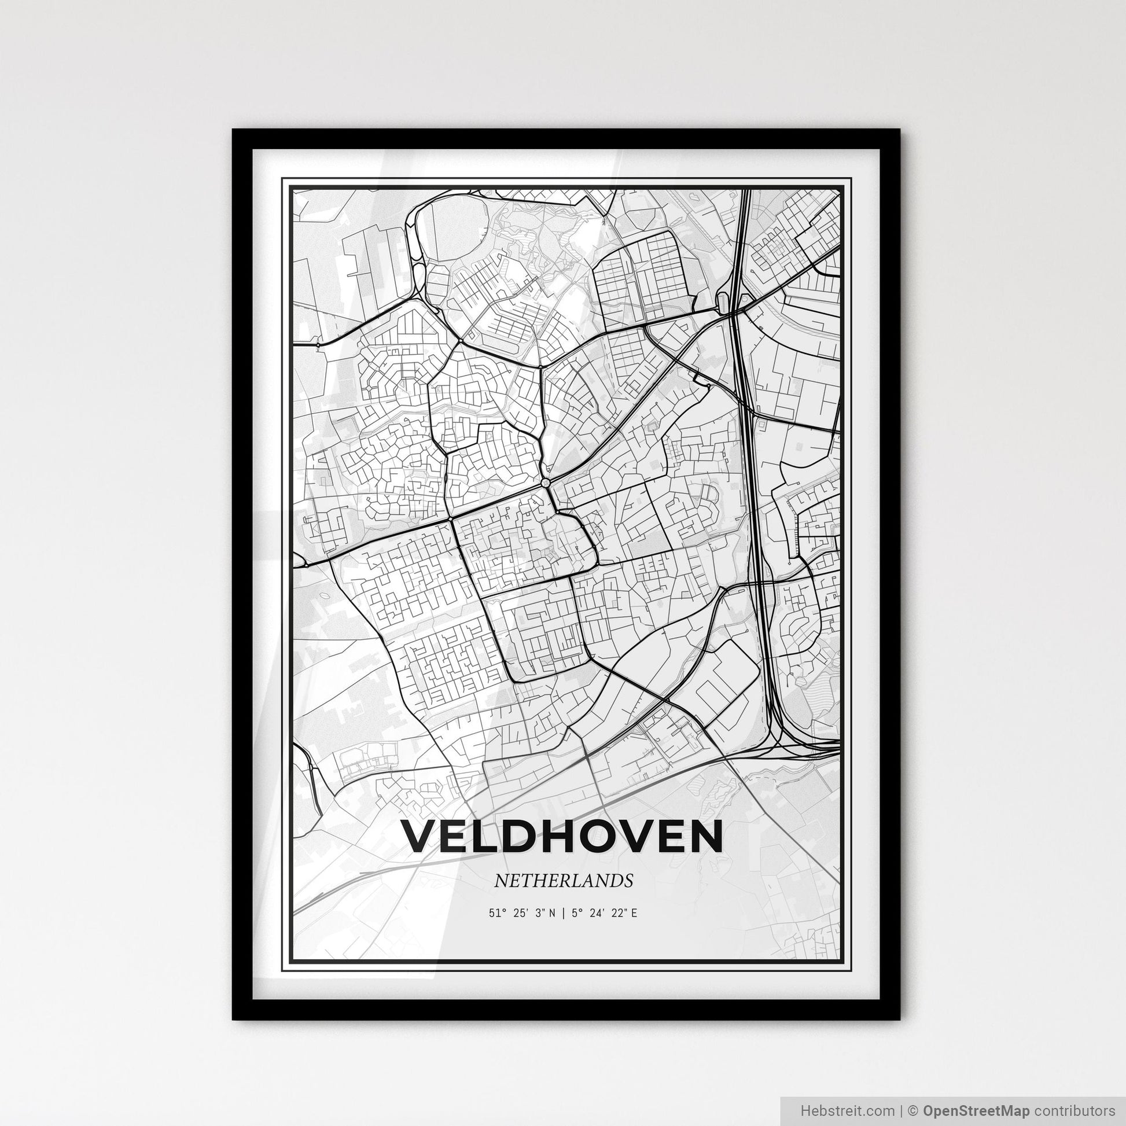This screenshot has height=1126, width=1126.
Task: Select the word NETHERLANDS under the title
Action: pos(563,881)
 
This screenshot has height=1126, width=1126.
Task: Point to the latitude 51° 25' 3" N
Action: pos(522,912)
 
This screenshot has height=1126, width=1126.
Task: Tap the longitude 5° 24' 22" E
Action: pos(604,912)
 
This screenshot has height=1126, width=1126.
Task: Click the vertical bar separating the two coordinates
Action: pos(564,912)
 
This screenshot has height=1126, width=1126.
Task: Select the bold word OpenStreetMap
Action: pos(976,1110)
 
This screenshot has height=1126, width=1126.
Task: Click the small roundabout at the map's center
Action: pos(546,483)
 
